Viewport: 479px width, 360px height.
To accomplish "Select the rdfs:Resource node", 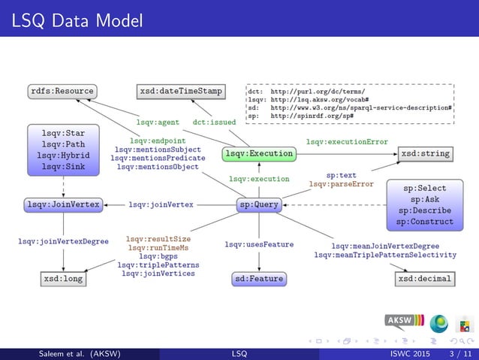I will tap(62, 91).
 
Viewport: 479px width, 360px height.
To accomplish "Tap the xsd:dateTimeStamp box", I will tap(181, 91).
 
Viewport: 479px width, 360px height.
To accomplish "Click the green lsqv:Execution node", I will tap(258, 153).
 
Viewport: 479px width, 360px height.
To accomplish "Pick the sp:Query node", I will tap(259, 204).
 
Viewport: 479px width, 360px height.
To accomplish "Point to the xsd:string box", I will tap(425, 153).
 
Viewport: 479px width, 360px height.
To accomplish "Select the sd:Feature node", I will tap(259, 279).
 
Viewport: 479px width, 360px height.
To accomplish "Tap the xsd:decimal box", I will tap(425, 279).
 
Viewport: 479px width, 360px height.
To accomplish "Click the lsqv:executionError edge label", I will tap(347, 141).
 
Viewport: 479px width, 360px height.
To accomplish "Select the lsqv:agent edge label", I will tap(158, 121).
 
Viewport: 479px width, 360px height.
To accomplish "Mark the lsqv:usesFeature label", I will tap(259, 244).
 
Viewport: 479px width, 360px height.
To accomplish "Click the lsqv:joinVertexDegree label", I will tap(64, 241).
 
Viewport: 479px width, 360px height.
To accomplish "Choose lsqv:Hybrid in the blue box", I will tap(63, 156).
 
